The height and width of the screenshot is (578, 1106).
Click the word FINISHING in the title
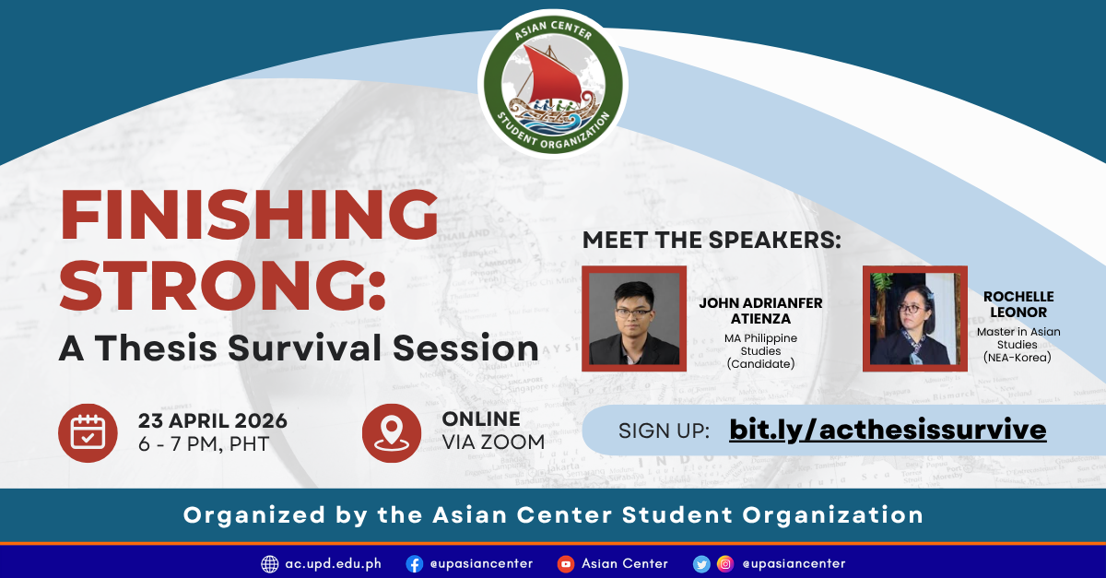(x=249, y=215)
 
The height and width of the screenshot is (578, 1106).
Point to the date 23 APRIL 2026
(x=213, y=420)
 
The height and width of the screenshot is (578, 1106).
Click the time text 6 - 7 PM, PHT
(x=204, y=444)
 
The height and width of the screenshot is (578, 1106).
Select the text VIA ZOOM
(x=493, y=442)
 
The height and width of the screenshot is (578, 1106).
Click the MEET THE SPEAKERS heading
(x=712, y=241)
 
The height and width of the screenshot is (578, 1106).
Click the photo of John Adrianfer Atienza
(x=634, y=319)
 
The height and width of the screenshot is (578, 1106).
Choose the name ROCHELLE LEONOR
(x=1018, y=304)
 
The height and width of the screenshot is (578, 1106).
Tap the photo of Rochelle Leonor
(x=914, y=319)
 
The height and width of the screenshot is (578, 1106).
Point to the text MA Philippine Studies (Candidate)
(x=760, y=350)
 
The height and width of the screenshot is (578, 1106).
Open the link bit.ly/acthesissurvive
(x=888, y=430)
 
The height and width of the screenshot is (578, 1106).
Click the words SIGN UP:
(x=664, y=431)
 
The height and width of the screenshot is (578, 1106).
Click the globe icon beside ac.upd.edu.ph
(x=270, y=563)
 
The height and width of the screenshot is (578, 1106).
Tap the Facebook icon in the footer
(x=415, y=563)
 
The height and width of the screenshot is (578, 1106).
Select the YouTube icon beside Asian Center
(x=566, y=563)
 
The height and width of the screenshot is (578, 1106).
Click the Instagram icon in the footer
(x=726, y=563)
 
